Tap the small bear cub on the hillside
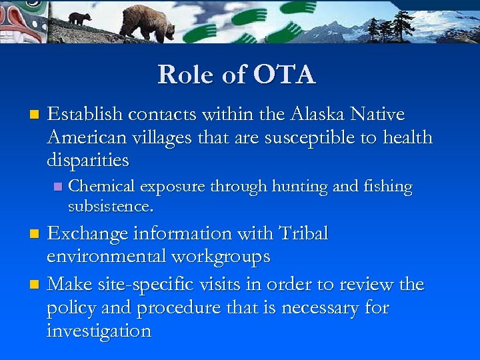pyautogui.click(x=79, y=19)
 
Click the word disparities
pyautogui.click(x=88, y=161)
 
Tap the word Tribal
pyautogui.click(x=304, y=234)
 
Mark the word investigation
pyautogui.click(x=99, y=331)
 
